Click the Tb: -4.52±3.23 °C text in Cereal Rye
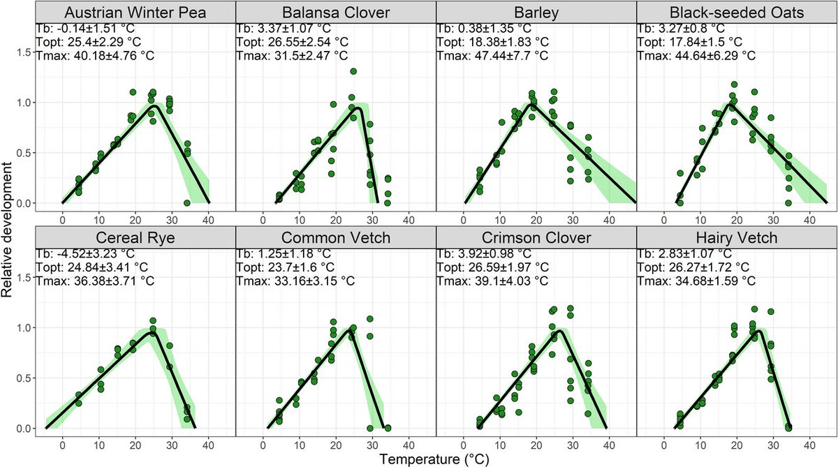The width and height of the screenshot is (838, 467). pos(83,254)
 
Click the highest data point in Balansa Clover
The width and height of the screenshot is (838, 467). pos(353,72)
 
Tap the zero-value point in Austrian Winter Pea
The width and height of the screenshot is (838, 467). pos(186,203)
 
